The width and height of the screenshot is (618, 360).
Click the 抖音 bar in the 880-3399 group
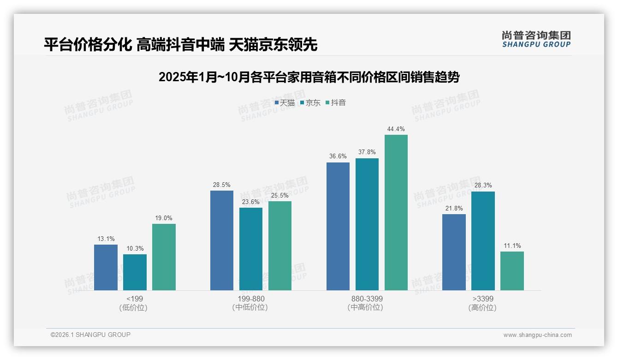[x=396, y=212]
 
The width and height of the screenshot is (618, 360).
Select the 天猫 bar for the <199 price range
[x=106, y=267]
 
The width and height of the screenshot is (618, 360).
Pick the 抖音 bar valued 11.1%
[x=512, y=271]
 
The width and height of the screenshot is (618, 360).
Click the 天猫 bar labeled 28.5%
[x=222, y=240]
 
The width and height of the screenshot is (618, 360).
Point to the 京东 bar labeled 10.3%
[x=135, y=272]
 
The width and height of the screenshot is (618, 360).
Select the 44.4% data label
[x=396, y=129]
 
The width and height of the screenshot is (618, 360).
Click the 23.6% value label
[x=250, y=202]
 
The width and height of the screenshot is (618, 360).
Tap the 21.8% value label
[x=454, y=209]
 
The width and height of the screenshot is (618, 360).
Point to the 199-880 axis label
[x=251, y=299]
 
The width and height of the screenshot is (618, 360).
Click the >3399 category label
[x=482, y=299]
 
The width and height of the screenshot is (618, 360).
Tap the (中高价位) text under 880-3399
[x=367, y=307]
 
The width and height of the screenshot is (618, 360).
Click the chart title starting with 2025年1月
[x=309, y=77]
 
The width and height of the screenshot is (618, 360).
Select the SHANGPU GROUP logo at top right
[x=536, y=39]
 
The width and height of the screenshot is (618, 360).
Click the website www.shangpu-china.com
[x=537, y=335]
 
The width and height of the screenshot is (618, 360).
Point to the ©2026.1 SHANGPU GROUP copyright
[x=90, y=335]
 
